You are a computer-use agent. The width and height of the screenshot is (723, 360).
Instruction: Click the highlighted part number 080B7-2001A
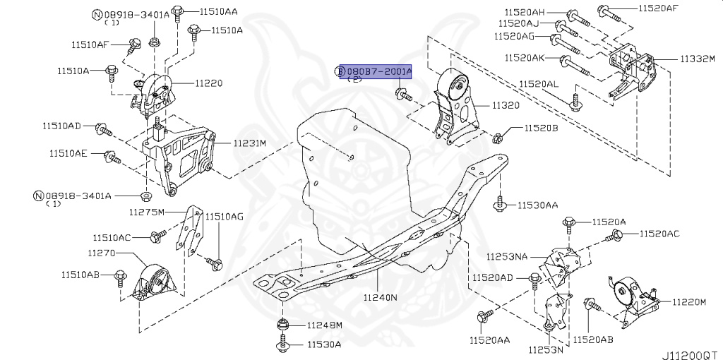376,71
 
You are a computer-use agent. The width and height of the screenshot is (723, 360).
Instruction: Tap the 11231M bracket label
250,143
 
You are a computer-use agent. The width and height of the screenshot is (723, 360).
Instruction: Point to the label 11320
506,105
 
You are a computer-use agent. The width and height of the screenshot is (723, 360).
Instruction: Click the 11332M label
698,59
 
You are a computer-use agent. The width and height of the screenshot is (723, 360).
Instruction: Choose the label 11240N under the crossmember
380,298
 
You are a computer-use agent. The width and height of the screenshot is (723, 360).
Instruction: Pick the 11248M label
324,325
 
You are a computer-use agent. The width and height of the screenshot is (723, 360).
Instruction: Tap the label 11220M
689,302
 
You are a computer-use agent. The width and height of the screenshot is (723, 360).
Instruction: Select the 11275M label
146,212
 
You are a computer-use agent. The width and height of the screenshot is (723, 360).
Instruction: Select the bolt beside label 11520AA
482,318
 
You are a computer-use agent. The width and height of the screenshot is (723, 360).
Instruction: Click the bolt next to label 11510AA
177,11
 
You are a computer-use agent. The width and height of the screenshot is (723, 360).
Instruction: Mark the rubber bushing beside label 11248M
282,326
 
